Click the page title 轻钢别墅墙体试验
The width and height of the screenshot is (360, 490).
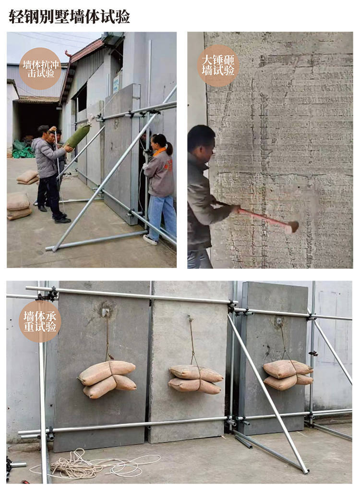[x=69, y=16]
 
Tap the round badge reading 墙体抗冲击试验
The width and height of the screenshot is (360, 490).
[x=40, y=69]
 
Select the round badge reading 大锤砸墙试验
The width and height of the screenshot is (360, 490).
[x=218, y=66]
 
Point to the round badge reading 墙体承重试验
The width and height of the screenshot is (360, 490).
[x=40, y=321]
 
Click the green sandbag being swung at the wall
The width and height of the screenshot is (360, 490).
[x=78, y=135]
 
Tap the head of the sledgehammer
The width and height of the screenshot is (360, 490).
[x=293, y=227]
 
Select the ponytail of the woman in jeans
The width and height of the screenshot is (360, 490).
[x=169, y=148]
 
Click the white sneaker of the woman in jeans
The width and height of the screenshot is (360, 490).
[x=150, y=240]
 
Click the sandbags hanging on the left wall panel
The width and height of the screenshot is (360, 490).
[x=108, y=379]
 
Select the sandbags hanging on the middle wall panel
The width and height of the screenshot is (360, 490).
[x=196, y=380]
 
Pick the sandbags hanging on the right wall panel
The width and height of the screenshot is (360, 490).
[x=288, y=375]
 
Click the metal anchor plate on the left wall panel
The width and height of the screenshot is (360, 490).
[x=106, y=312]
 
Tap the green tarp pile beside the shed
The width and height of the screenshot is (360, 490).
[x=23, y=149]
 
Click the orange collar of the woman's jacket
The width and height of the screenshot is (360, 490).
[x=159, y=151]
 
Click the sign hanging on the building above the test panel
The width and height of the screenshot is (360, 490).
[x=116, y=84]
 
